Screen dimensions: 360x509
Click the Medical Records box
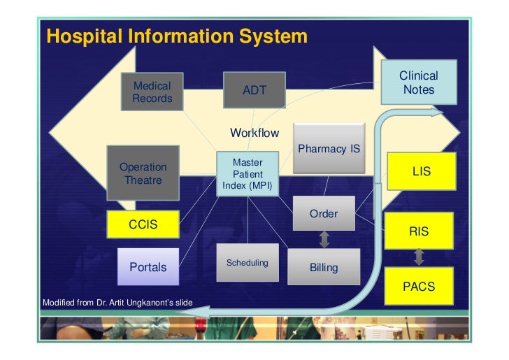(152, 92)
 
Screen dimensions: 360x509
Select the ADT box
(254, 91)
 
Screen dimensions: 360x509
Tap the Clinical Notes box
(419, 82)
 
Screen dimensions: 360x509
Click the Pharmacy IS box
(329, 149)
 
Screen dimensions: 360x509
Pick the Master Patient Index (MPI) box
(248, 174)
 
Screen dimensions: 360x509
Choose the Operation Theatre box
(143, 173)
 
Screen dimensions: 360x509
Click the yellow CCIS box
(143, 224)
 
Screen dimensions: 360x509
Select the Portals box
(148, 267)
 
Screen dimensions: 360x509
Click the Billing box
(323, 267)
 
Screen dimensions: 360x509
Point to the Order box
(324, 214)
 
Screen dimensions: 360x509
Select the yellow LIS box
(421, 171)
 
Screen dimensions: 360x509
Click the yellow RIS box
(419, 231)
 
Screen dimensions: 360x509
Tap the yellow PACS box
(419, 286)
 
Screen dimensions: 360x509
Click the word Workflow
(254, 133)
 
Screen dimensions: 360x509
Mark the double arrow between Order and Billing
(324, 240)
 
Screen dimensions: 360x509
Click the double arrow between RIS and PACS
(419, 257)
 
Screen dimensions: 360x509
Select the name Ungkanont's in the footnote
(166, 302)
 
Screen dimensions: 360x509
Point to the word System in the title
(271, 36)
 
